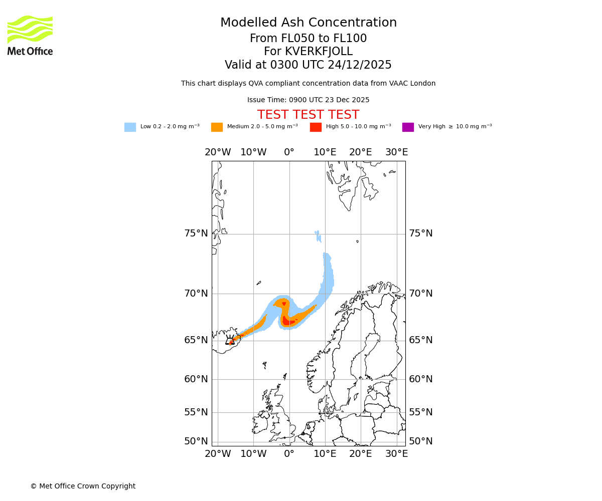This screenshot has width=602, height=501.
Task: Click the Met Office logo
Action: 30,35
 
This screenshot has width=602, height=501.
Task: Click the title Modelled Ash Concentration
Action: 308,23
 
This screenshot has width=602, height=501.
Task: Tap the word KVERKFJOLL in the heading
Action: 318,52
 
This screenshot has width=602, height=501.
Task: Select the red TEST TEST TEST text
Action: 308,115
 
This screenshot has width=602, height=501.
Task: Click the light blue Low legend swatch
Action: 130,127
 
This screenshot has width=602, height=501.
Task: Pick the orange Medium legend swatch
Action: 217,127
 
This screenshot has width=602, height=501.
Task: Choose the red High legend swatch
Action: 316,127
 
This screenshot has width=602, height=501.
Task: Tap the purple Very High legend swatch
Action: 408,127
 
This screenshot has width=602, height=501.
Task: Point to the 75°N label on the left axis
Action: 196,233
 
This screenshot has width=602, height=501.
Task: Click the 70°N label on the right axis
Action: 420,294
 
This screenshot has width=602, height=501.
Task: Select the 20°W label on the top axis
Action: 218,152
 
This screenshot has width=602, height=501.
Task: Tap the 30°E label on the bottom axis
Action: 396,454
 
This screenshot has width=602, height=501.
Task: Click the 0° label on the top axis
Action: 289,152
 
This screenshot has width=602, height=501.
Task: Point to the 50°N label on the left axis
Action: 196,441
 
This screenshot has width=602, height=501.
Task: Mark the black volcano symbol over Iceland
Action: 230,340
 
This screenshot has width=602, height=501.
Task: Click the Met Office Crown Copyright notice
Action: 83,486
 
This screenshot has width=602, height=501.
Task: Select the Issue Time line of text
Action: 308,100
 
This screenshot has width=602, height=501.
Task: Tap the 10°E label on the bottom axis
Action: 325,454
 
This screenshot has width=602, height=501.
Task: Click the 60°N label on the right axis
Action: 420,379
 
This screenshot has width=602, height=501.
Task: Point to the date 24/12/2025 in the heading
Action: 360,65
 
